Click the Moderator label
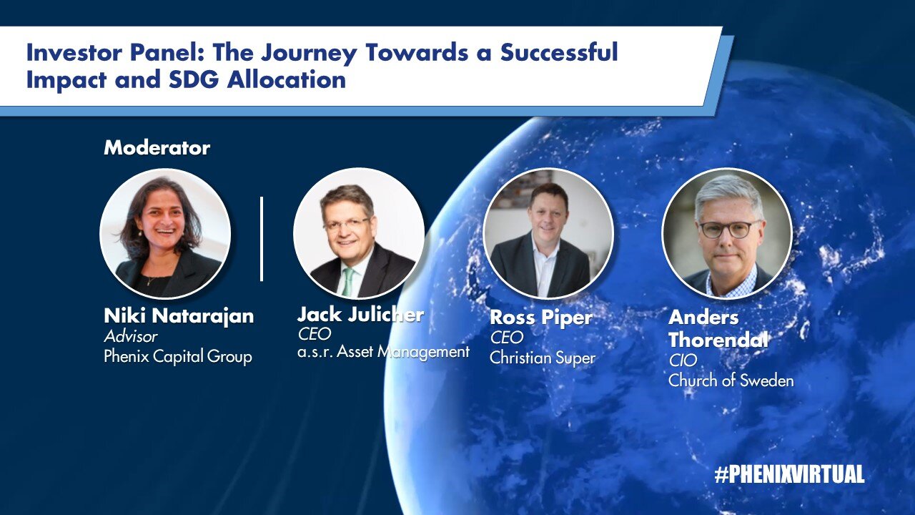157,148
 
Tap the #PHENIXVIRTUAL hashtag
789,474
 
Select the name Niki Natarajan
179,316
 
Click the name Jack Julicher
360,314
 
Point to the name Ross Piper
541,318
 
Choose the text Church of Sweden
731,381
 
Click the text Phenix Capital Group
178,356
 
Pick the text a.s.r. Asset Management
383,352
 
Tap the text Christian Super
543,358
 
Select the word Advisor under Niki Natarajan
131,336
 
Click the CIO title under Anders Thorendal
683,360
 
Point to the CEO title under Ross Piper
507,337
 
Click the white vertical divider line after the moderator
262,239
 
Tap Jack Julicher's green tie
347,283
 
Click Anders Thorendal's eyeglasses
730,230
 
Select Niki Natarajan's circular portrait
165,233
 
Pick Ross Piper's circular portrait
548,233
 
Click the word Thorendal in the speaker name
718,340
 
